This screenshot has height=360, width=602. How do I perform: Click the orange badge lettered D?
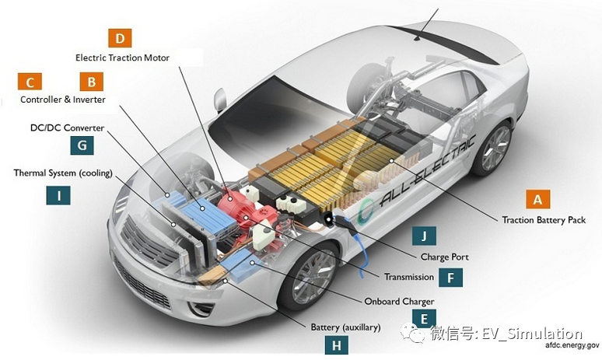tap(119, 38)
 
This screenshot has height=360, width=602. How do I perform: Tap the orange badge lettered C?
tap(30, 82)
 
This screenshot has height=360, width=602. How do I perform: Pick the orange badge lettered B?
tap(91, 82)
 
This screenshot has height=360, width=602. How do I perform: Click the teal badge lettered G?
tap(81, 145)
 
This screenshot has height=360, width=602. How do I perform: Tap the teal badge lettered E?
tap(424, 317)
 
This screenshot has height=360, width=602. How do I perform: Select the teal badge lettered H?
tap(337, 345)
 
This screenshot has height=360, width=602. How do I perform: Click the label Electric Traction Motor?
tap(122, 58)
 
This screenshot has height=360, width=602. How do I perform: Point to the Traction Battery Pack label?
tap(544, 220)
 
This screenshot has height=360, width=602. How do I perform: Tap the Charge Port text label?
tap(444, 257)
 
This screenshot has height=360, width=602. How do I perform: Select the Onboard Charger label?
tap(399, 301)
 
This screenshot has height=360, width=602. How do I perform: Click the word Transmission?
tap(408, 277)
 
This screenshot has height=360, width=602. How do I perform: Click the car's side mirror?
tap(220, 100)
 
